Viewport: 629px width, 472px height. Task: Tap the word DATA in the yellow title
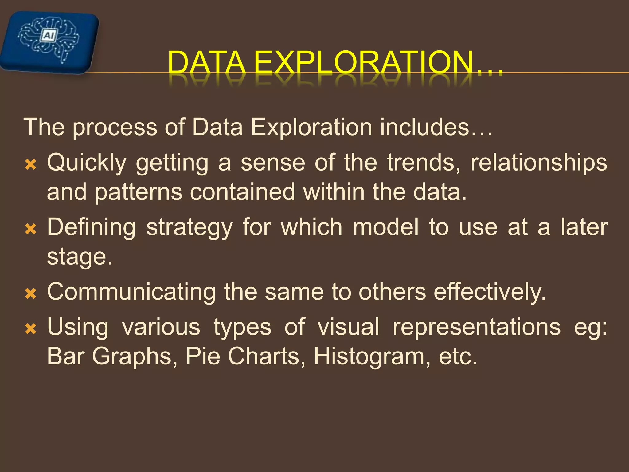point(206,63)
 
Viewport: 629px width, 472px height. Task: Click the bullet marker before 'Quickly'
point(31,165)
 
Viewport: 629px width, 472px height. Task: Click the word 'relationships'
point(539,163)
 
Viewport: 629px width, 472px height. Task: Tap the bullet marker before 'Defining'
point(31,229)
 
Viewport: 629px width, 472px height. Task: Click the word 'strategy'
point(189,228)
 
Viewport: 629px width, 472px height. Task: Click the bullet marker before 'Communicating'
point(31,294)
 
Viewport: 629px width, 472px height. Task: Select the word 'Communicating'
point(131,292)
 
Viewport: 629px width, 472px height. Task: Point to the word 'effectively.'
point(490,292)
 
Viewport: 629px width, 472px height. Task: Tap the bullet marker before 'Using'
point(31,329)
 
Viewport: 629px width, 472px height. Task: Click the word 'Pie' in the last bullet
point(203,356)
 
